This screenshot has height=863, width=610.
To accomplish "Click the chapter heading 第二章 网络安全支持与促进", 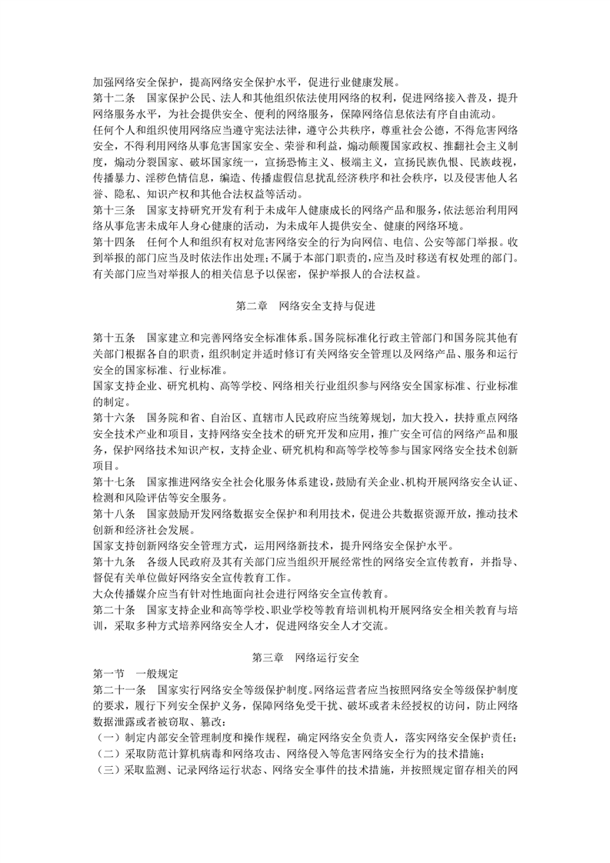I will (x=305, y=305).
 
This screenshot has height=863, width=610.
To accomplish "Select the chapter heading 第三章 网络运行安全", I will (x=305, y=659).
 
